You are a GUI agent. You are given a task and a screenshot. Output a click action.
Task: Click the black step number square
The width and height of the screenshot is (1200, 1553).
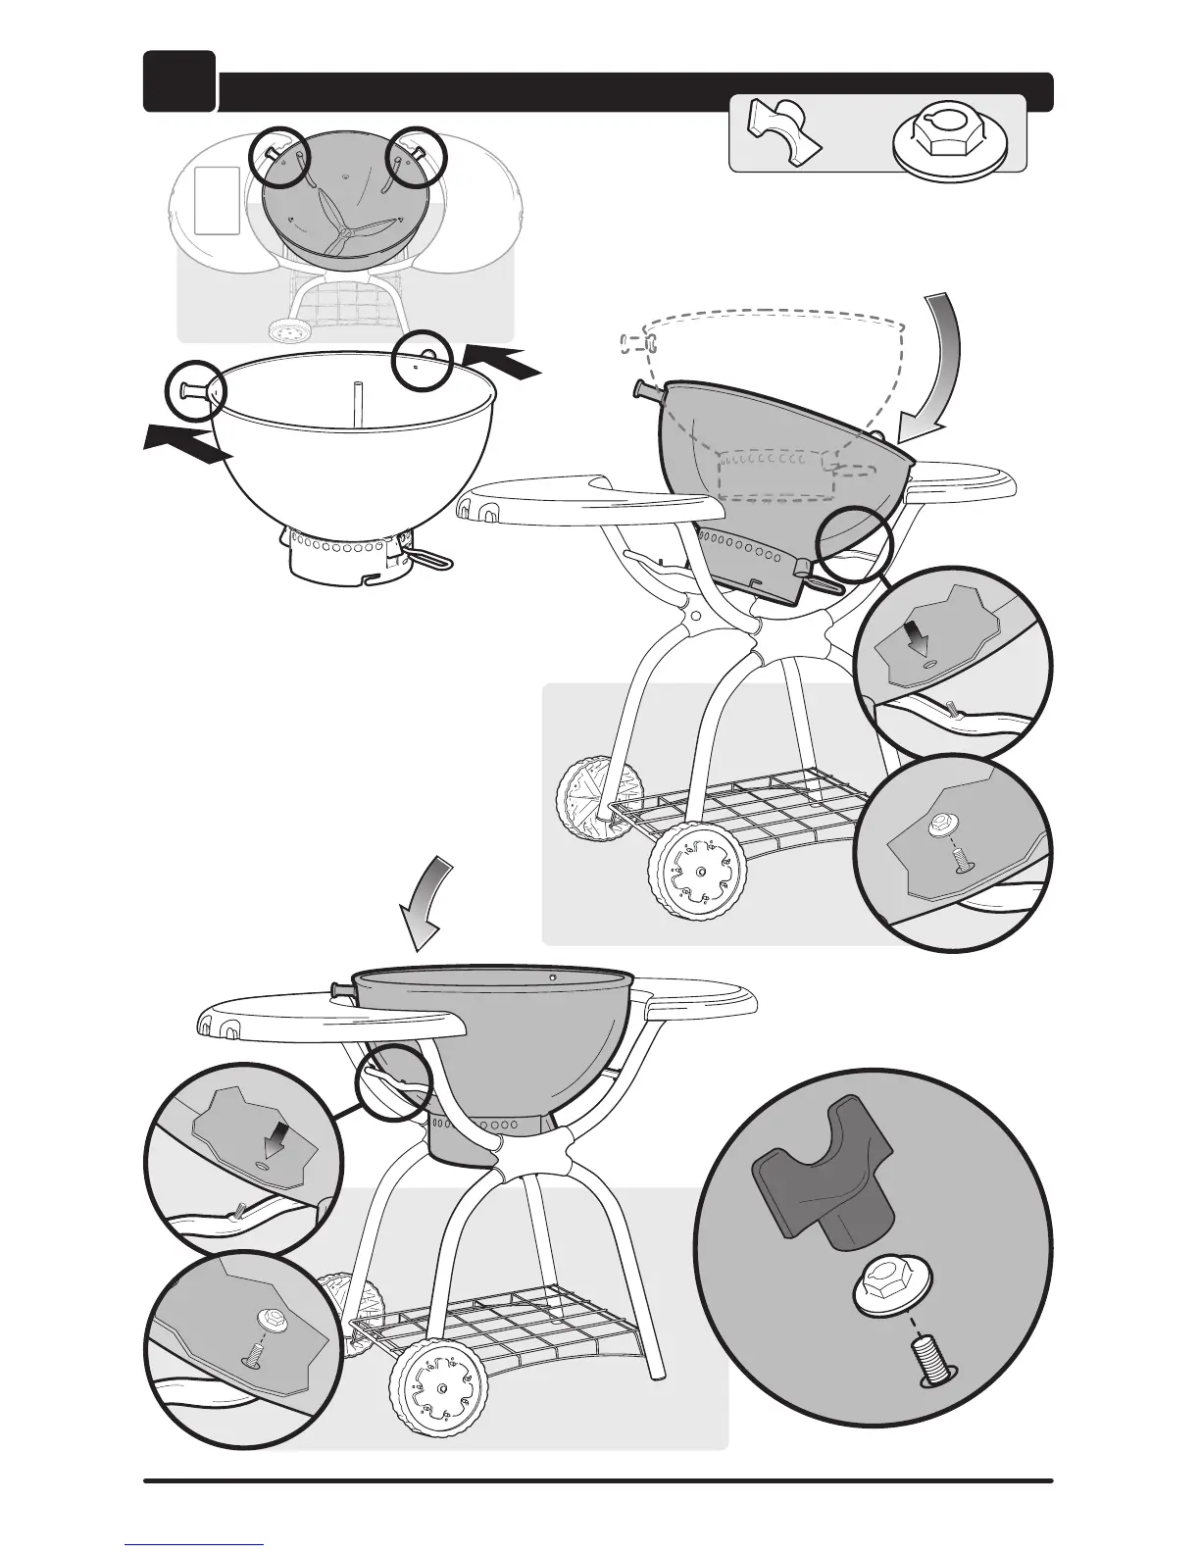click(178, 80)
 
